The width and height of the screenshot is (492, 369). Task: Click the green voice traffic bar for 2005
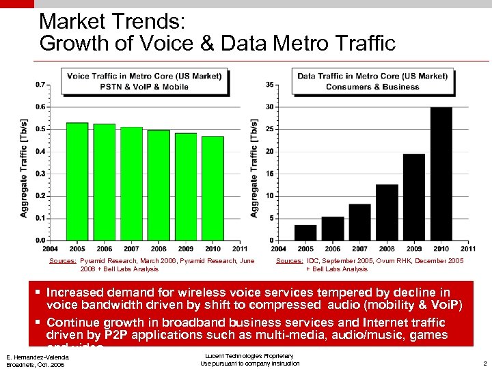[x=77, y=181]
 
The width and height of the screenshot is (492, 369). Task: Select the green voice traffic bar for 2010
[x=213, y=188]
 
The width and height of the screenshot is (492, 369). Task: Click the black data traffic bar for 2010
[x=441, y=174]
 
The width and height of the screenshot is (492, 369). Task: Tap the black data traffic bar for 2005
[x=305, y=232]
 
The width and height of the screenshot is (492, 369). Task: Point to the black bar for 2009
[x=414, y=197]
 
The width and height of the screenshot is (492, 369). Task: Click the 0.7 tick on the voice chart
[x=42, y=85]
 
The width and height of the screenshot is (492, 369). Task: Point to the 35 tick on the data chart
[x=270, y=85]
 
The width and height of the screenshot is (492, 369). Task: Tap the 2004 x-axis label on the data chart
[x=279, y=248]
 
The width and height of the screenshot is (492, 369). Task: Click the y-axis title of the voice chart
[x=24, y=168]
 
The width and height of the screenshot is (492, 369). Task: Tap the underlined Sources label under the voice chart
[x=63, y=261]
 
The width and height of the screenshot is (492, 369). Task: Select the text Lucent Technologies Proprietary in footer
[x=249, y=356]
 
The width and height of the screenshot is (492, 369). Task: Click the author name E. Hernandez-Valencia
[x=37, y=357]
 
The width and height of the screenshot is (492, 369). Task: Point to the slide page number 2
[x=484, y=364]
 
